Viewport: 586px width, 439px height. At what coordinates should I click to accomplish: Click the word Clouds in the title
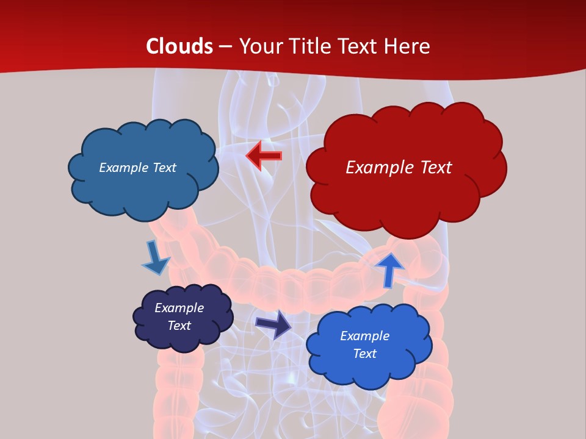pos(179,46)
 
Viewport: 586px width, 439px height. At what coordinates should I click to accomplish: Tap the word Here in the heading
pos(408,46)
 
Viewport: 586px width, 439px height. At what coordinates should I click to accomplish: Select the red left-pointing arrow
pos(264,155)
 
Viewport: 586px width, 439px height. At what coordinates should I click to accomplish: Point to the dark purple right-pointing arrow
pos(273,324)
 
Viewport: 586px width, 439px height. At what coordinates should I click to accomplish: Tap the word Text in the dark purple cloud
pos(179,326)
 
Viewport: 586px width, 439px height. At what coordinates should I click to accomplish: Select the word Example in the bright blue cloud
pos(364,336)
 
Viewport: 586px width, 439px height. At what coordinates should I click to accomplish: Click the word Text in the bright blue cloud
pos(364,354)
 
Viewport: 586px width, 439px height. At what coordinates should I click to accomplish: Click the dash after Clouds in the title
pos(225,46)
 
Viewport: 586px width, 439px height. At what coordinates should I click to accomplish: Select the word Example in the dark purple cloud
pos(179,308)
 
